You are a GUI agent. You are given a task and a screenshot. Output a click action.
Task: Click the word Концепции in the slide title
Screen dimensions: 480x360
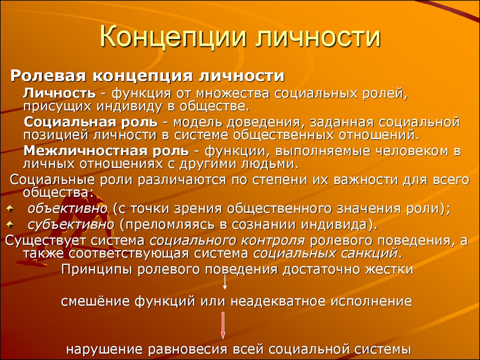(173, 37)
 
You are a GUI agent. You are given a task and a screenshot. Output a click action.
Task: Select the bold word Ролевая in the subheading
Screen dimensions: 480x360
(48, 76)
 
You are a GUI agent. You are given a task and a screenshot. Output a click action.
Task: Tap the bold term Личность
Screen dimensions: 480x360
(60, 93)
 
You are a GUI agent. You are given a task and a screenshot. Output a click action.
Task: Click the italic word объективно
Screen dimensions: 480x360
(67, 209)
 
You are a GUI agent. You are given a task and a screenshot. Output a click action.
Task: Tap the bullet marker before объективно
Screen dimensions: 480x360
(10, 209)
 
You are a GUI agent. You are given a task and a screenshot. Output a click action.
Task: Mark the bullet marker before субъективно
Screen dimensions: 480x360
(10, 225)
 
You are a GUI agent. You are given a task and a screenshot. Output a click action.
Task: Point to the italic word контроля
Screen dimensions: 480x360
(273, 241)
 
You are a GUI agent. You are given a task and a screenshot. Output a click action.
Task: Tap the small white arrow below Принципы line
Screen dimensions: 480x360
(225, 282)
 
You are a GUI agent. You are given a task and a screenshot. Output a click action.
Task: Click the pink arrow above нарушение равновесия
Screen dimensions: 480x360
(223, 325)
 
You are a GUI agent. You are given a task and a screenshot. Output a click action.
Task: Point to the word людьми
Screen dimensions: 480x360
(270, 164)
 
